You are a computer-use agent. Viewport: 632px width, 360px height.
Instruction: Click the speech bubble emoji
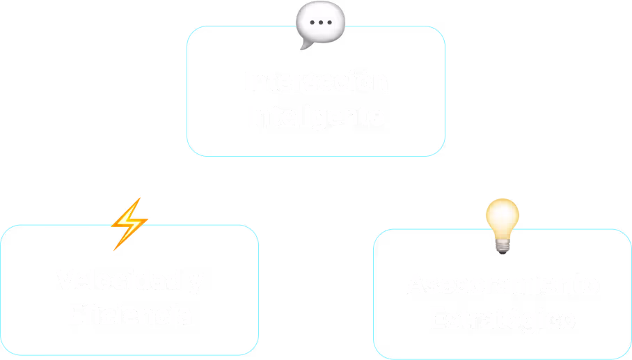coord(320,24)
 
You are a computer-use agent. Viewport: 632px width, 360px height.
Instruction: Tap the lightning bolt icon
coord(129,224)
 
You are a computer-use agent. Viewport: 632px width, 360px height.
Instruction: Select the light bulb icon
coord(502,224)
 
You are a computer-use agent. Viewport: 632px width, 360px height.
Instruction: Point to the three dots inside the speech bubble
coord(321,22)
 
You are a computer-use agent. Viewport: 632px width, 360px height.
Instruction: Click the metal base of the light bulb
coord(502,244)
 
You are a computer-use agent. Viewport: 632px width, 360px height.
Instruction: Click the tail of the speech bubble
coord(303,46)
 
